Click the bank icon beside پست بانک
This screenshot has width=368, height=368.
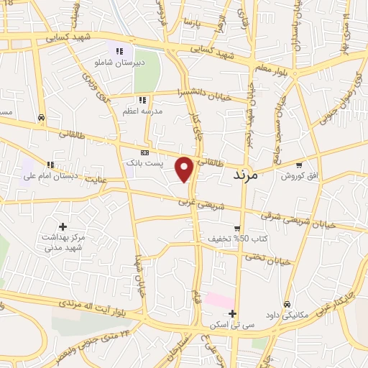144,152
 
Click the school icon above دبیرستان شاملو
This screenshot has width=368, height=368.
119,51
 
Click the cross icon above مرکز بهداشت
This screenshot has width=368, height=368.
63,226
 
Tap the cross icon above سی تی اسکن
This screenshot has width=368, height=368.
231,313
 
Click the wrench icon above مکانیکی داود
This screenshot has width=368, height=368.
287,304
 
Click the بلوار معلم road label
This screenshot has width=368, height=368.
272,68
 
